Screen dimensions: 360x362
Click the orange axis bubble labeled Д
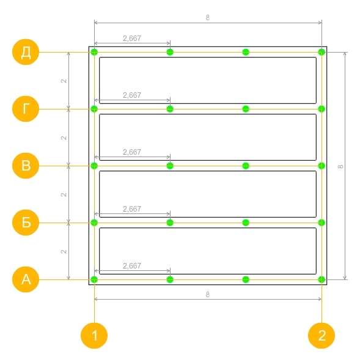coord(26,52)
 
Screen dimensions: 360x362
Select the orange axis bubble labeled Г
coord(26,109)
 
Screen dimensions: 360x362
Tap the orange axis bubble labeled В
coord(26,166)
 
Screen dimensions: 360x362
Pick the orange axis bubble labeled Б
coord(26,223)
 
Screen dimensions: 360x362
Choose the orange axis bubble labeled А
coord(26,279)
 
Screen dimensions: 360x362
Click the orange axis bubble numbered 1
coord(94,336)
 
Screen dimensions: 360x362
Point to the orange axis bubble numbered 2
coord(321,336)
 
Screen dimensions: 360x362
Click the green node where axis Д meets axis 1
coord(94,52)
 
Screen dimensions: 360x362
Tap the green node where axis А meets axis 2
coord(321,279)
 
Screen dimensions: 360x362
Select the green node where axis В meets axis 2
coord(321,166)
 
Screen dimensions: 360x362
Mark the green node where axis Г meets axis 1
coord(94,109)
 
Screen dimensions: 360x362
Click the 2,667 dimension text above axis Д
coord(132,39)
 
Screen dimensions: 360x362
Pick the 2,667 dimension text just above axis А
coord(132,266)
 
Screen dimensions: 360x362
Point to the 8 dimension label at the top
coord(208,18)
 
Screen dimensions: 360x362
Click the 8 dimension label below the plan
coord(208,295)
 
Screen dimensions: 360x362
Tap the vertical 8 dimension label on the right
coord(340,166)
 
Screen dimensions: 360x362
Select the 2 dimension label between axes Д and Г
coord(64,81)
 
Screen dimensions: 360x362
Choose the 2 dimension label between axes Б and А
coord(64,251)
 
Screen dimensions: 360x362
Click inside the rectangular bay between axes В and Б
coord(208,194)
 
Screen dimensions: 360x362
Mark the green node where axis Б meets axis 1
coord(94,223)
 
